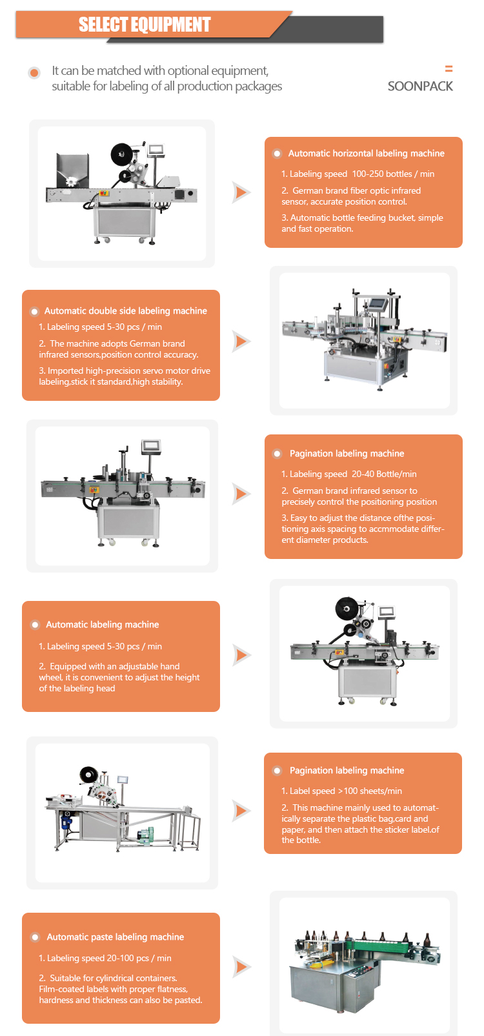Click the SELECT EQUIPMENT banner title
pos(145,25)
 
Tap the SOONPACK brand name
pos(420,86)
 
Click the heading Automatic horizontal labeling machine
pos(366,154)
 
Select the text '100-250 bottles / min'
pos(393,174)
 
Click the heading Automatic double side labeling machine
pos(126,311)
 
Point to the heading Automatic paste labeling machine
pos(116,937)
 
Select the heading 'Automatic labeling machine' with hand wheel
pos(103,625)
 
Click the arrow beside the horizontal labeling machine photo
pos(241,192)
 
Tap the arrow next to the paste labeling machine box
pos(241,967)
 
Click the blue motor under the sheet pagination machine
pos(65,821)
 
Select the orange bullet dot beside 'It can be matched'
pos(34,73)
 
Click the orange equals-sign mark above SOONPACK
pos(449,69)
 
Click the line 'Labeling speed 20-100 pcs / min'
pos(105,959)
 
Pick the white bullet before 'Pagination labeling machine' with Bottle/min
pos(277,454)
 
